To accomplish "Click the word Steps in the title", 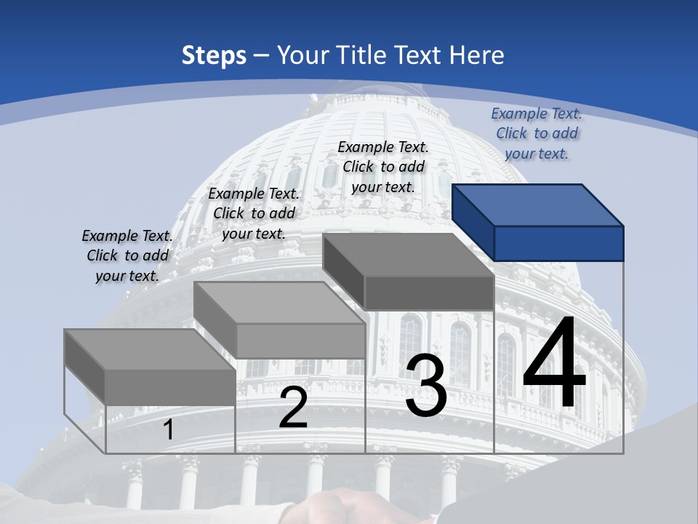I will (214, 55).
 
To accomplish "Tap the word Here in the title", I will (476, 55).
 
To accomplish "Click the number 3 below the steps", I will (426, 386).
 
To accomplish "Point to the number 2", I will (293, 408).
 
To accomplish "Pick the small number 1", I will (169, 430).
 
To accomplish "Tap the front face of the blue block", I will (558, 243).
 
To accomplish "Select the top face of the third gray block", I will (408, 255).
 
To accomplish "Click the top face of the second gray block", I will (279, 303).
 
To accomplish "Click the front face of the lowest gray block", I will (170, 387).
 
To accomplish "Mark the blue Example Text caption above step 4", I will (537, 133).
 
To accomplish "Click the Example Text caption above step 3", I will (383, 167).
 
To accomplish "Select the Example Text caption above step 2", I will (254, 213).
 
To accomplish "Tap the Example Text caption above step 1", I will (127, 255).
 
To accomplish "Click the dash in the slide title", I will (261, 55).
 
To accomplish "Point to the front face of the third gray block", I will (429, 293).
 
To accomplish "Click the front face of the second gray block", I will (300, 341).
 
